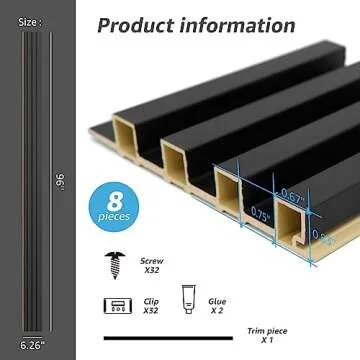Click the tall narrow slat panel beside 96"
33,180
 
